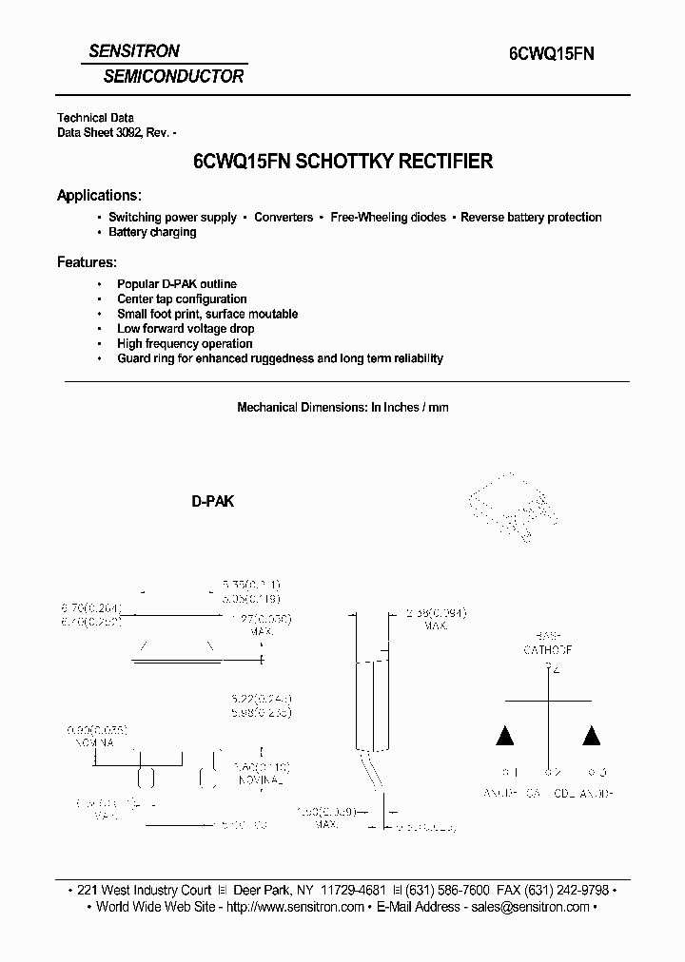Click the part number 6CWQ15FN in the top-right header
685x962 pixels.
tap(545, 55)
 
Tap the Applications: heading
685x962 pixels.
tap(100, 195)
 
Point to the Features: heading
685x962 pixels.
tap(87, 261)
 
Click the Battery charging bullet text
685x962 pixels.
tap(152, 232)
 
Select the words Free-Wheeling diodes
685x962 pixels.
tap(388, 217)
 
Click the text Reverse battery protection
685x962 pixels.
tap(531, 217)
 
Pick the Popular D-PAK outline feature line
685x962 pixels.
tap(176, 283)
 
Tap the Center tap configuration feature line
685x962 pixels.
tap(182, 298)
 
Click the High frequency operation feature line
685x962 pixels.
tap(185, 343)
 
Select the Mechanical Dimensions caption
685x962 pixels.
tap(342, 407)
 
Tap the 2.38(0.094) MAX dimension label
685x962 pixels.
tap(434, 620)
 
